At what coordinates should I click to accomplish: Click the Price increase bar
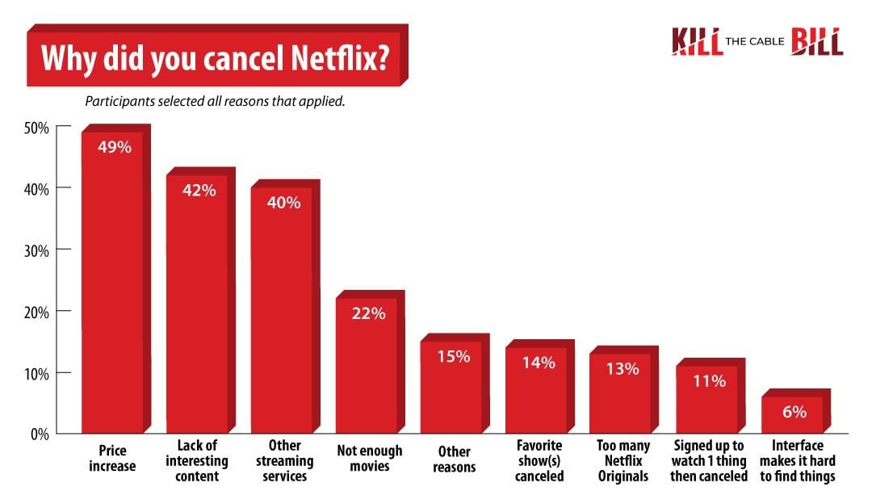pyautogui.click(x=112, y=283)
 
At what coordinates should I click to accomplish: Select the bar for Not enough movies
pyautogui.click(x=367, y=367)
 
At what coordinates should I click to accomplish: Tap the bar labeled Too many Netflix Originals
pyautogui.click(x=621, y=396)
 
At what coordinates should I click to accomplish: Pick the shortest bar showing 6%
pyautogui.click(x=792, y=415)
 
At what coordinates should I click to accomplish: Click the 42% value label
pyautogui.click(x=198, y=191)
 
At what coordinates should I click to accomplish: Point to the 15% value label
pyautogui.click(x=452, y=355)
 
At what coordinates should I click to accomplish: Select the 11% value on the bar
pyautogui.click(x=708, y=381)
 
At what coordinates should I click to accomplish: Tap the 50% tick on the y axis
pyautogui.click(x=37, y=128)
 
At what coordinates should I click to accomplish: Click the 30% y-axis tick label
pyautogui.click(x=37, y=250)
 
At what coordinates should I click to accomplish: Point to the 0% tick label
pyautogui.click(x=40, y=434)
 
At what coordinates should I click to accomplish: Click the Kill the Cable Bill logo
pyautogui.click(x=757, y=42)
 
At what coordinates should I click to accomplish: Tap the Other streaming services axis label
pyautogui.click(x=283, y=460)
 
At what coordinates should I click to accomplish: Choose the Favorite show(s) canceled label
pyautogui.click(x=538, y=460)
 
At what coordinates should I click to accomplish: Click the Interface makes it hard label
pyautogui.click(x=796, y=460)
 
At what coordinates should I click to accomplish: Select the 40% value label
pyautogui.click(x=283, y=203)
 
